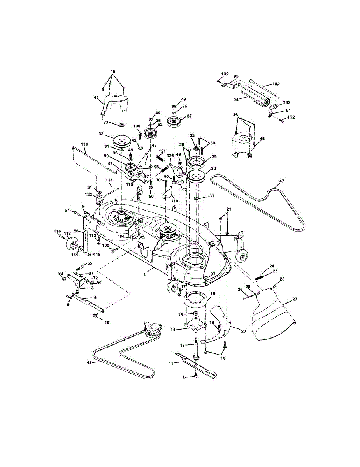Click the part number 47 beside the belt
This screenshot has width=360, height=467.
click(282, 181)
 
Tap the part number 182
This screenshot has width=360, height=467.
click(276, 84)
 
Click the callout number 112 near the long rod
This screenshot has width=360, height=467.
click(84, 144)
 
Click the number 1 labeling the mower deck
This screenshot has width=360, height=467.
click(145, 274)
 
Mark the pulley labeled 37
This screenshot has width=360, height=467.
click(173, 121)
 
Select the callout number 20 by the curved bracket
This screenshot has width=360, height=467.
click(244, 331)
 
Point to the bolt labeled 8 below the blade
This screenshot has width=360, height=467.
click(195, 376)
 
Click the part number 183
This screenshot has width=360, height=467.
click(287, 102)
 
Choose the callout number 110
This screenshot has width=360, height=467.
click(175, 201)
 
